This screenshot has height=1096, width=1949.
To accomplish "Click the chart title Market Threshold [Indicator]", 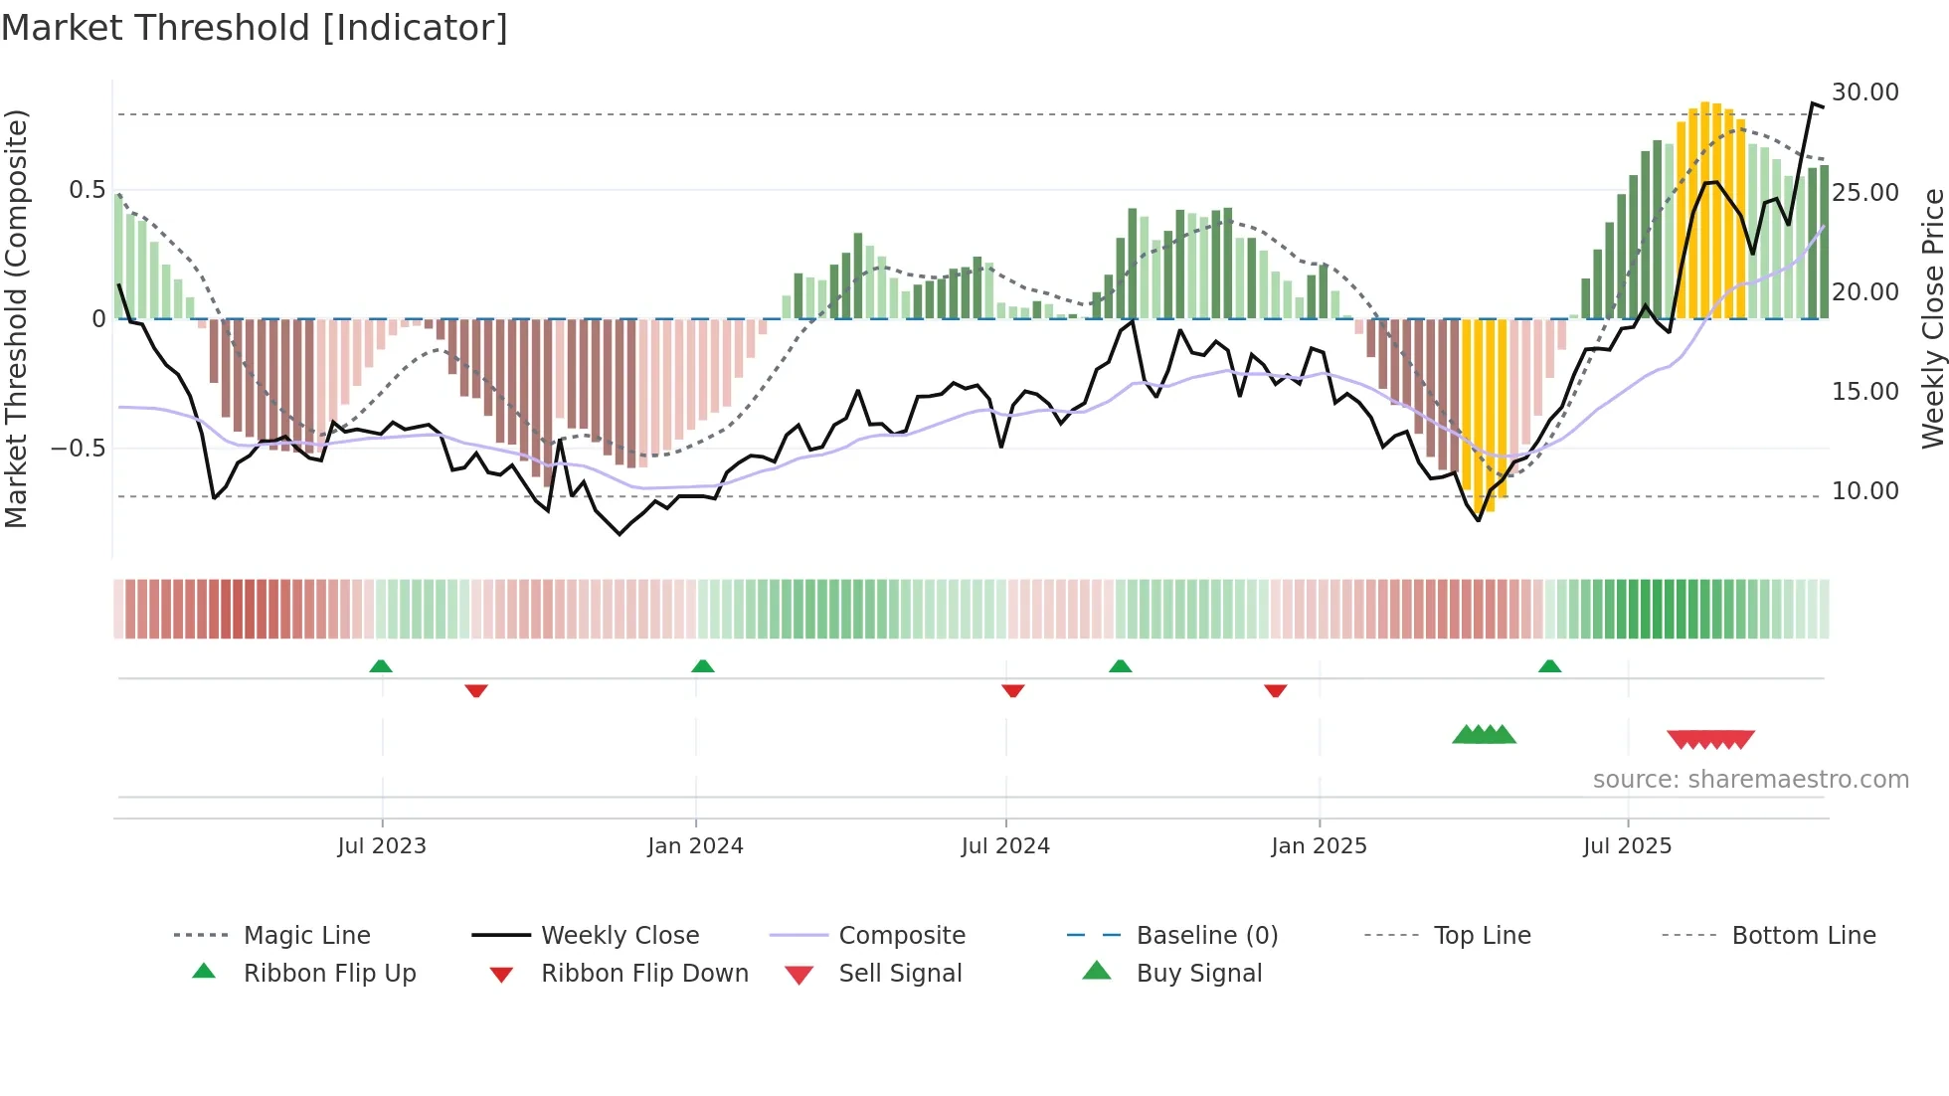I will click(x=255, y=28).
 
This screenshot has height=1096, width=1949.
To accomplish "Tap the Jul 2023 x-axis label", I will click(x=382, y=846).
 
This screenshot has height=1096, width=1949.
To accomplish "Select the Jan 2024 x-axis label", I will click(x=695, y=846).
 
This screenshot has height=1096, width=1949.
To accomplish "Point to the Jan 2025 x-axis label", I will click(x=1319, y=846).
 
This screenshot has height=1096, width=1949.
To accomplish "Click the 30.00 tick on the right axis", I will click(x=1865, y=92).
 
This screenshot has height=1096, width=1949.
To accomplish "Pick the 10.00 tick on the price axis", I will click(x=1865, y=491).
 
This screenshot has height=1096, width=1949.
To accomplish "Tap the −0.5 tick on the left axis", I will click(x=79, y=449).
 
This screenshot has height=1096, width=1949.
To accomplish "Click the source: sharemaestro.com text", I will click(x=1750, y=780).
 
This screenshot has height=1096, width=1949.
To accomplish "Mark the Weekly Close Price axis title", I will click(x=1932, y=318).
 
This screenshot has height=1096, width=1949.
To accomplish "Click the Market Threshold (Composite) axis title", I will click(x=16, y=318).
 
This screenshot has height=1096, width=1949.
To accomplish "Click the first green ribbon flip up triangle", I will click(x=381, y=666).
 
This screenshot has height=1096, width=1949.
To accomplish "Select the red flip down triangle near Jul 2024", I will click(x=1013, y=690).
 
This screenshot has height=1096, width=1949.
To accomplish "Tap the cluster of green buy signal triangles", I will click(x=1484, y=735).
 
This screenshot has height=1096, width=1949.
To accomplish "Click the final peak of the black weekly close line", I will click(x=1813, y=103).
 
